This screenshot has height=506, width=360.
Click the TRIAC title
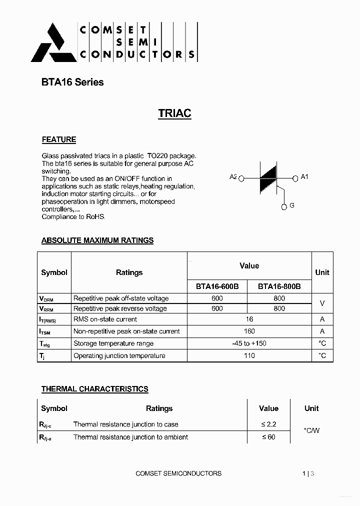pyautogui.click(x=174, y=113)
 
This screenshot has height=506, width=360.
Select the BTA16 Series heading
pyautogui.click(x=72, y=82)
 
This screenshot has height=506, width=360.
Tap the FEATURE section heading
pyautogui.click(x=58, y=139)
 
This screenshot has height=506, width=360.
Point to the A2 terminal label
pyautogui.click(x=233, y=177)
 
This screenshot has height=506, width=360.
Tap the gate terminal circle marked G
pyautogui.click(x=284, y=206)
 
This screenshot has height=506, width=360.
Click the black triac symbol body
pyautogui.click(x=268, y=177)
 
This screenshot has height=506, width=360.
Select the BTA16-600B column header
pyautogui.click(x=217, y=286)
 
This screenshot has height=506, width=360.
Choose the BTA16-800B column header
pyautogui.click(x=279, y=286)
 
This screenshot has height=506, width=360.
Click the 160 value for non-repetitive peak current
pyautogui.click(x=249, y=331)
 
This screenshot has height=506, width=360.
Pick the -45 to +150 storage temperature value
pyautogui.click(x=249, y=343)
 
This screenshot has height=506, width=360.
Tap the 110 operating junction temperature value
pyautogui.click(x=249, y=355)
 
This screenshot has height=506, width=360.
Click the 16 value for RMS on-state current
pyautogui.click(x=249, y=319)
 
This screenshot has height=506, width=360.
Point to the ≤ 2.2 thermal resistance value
pyautogui.click(x=268, y=424)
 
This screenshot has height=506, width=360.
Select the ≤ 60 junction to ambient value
pyautogui.click(x=268, y=437)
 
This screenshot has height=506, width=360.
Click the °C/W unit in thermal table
pyautogui.click(x=311, y=430)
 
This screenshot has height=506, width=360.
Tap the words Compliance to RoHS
pyautogui.click(x=73, y=217)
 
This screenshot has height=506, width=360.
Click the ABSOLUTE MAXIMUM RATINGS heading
pyautogui.click(x=97, y=240)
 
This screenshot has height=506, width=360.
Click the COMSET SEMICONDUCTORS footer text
pyautogui.click(x=178, y=473)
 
